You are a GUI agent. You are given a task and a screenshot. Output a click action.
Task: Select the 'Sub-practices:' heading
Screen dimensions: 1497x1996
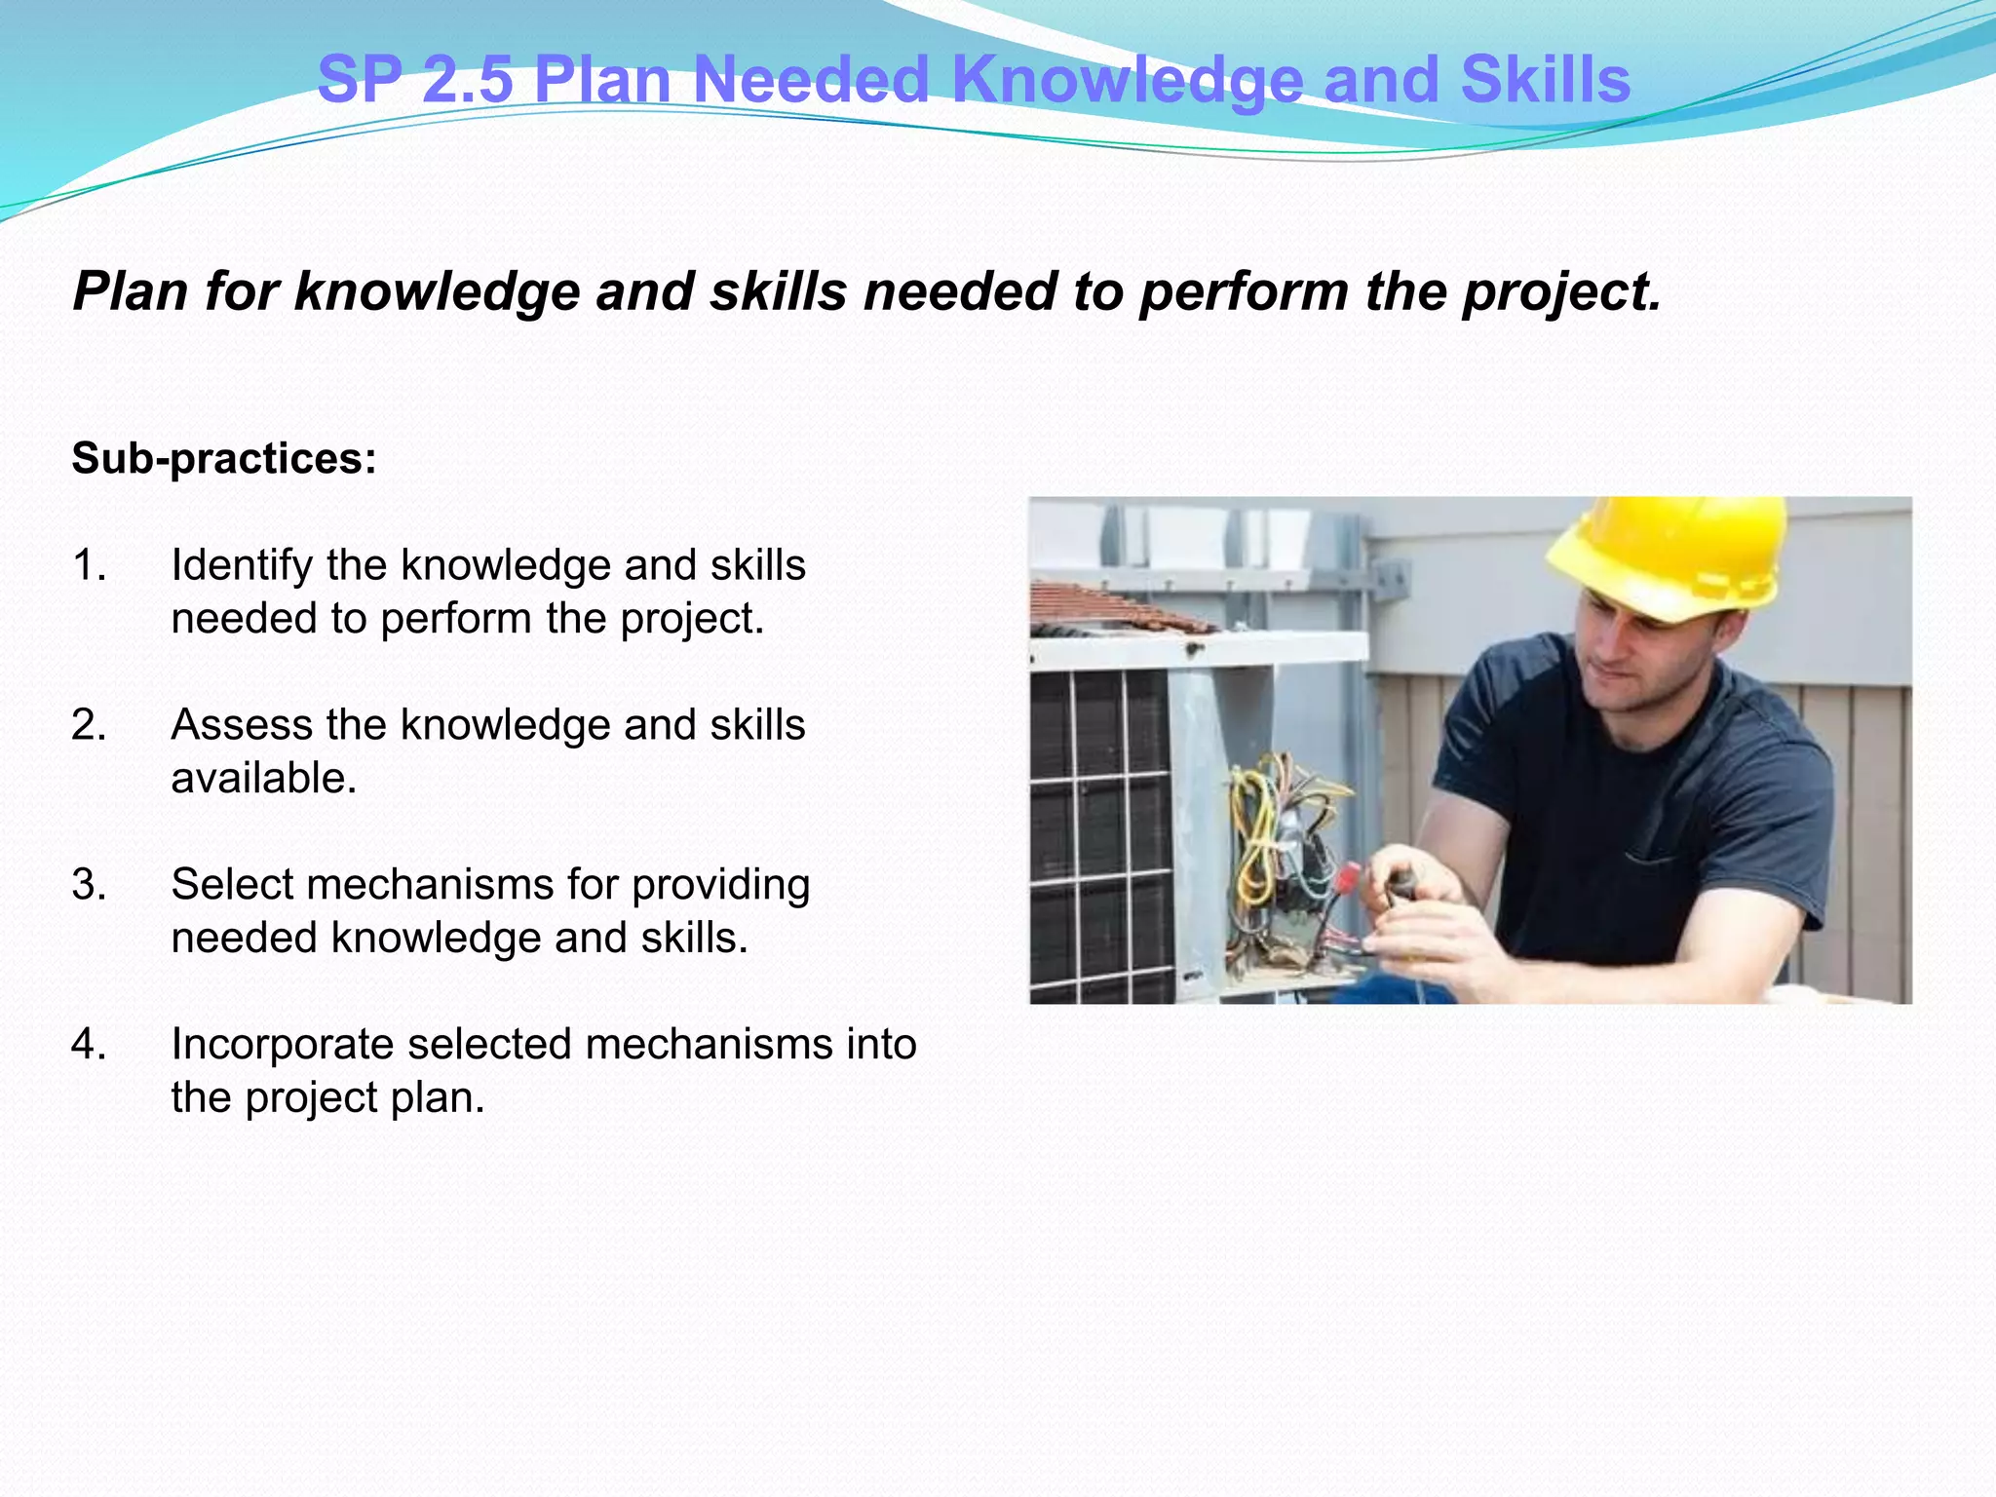[224, 458]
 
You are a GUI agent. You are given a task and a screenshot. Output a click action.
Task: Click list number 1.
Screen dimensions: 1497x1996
[89, 565]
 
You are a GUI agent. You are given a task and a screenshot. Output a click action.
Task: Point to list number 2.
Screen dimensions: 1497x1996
[89, 725]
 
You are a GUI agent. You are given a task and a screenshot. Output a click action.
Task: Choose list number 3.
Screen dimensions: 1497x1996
[89, 885]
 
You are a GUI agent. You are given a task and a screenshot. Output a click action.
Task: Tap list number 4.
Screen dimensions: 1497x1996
[89, 1045]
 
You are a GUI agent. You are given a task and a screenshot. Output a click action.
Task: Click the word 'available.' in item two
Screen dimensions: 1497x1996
[264, 779]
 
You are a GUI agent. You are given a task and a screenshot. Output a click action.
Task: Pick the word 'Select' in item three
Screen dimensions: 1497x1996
[232, 885]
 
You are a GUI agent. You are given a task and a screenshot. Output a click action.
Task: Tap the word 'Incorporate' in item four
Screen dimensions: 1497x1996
[282, 1045]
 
